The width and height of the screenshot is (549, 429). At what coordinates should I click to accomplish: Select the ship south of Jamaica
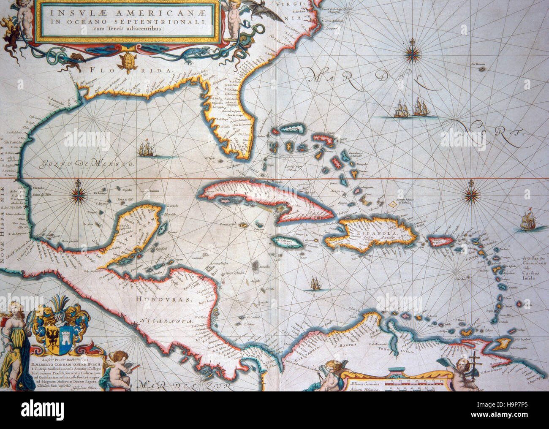click(315, 283)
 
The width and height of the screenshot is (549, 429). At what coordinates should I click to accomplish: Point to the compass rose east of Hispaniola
click(470, 195)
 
